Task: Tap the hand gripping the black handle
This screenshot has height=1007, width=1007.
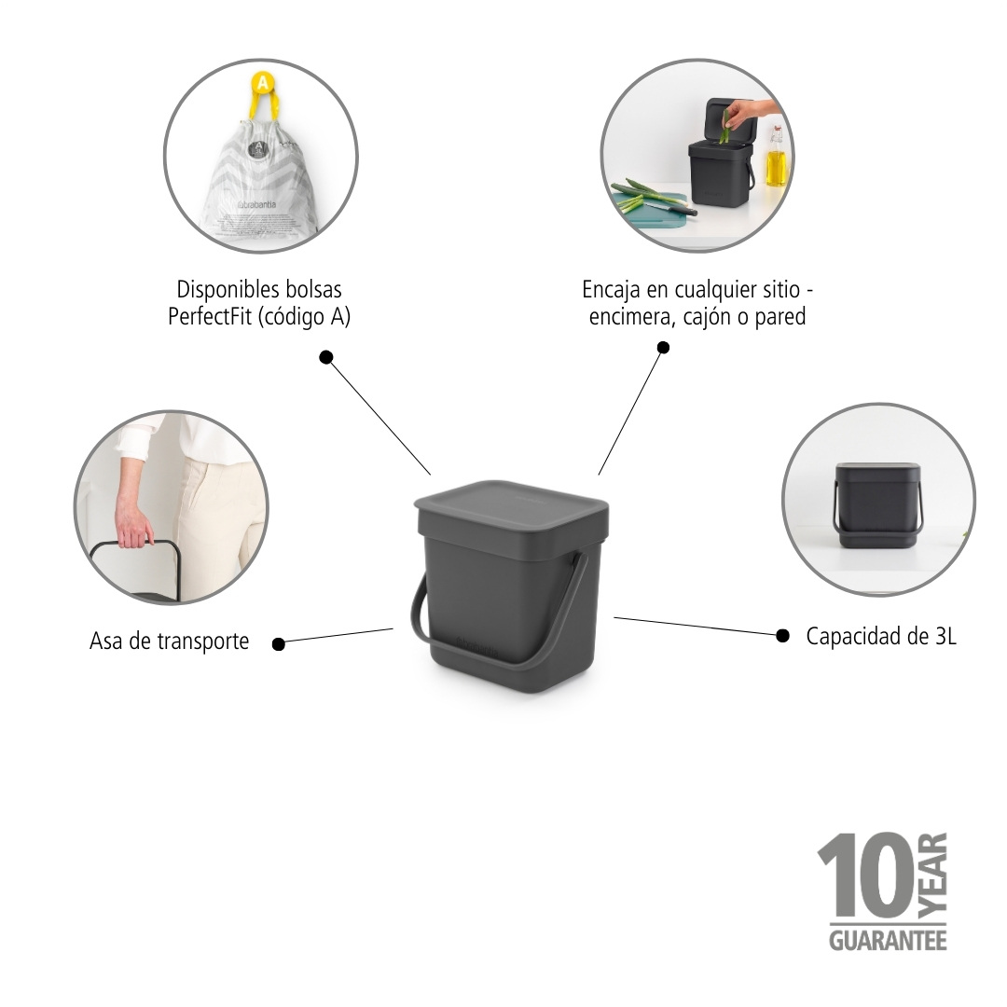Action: coord(133,525)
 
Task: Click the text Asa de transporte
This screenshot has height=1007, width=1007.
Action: coord(170,641)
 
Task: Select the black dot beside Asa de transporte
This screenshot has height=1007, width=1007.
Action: coord(278,642)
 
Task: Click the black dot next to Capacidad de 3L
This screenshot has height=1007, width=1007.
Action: coord(781,635)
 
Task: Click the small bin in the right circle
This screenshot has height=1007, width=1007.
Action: coord(877,504)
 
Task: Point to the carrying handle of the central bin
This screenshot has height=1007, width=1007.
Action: coord(559,634)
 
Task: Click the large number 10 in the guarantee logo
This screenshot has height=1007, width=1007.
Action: coord(864,876)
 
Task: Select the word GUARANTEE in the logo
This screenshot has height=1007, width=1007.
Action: coord(888,939)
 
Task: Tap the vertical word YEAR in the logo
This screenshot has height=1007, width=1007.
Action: coord(933,875)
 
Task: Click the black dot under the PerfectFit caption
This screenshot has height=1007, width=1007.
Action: coord(325,357)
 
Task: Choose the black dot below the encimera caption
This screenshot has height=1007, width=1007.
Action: coord(663,348)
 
